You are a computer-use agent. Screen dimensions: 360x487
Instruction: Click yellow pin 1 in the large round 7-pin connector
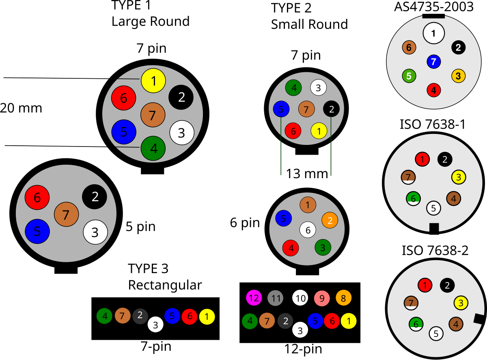coord(153,80)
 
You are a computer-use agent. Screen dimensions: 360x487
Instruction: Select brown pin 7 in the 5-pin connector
coord(66,214)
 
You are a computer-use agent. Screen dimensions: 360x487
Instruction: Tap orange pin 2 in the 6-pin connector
coord(330,220)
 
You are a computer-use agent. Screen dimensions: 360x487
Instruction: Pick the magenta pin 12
coord(254,298)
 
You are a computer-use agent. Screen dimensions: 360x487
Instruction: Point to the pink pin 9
coord(321,298)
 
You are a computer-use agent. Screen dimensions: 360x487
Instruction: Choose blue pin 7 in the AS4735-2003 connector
coord(433,62)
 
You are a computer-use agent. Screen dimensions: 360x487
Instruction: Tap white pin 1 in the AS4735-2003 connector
coord(433,33)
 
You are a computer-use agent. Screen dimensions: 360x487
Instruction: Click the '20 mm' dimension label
coord(21,108)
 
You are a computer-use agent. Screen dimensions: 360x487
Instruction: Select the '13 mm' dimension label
coord(307,173)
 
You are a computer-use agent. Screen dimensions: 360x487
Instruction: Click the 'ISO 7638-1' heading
coord(433,124)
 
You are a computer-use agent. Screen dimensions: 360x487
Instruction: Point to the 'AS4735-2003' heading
coord(434,7)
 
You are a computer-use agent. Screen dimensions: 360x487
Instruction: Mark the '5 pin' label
coord(140,226)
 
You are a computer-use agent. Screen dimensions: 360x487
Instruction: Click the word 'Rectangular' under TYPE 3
coord(165,285)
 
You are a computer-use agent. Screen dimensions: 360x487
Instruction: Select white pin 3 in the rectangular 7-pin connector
coord(155,324)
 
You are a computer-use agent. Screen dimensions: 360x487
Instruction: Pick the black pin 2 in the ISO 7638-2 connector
coord(447,285)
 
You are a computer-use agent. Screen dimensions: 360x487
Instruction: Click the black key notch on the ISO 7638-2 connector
coord(480,319)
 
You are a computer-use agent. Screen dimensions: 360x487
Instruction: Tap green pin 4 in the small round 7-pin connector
coord(293,87)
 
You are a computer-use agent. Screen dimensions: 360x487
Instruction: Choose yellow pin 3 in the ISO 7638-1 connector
coord(459,177)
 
